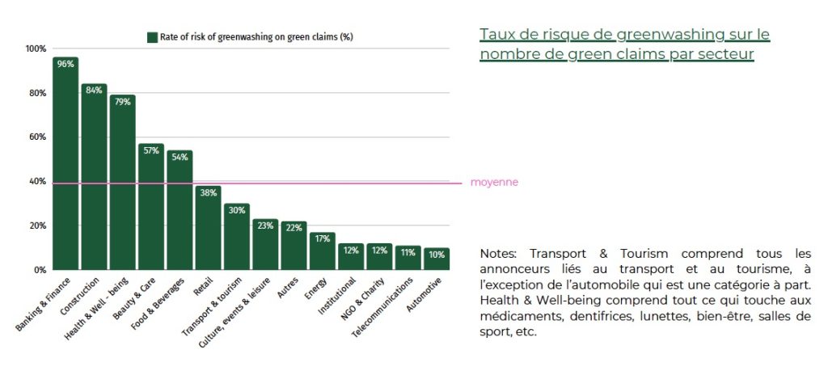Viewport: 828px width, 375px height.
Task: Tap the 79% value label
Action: pyautogui.click(x=122, y=102)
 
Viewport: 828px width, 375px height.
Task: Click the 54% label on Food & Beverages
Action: pyautogui.click(x=180, y=157)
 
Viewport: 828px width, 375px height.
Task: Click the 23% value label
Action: pyautogui.click(x=265, y=226)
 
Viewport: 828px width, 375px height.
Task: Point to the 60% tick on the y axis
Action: pyautogui.click(x=36, y=137)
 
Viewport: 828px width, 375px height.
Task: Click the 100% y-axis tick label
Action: pyautogui.click(x=35, y=49)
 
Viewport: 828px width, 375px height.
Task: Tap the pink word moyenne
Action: pyautogui.click(x=494, y=183)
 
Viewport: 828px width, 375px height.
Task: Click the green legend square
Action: pyautogui.click(x=151, y=37)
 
